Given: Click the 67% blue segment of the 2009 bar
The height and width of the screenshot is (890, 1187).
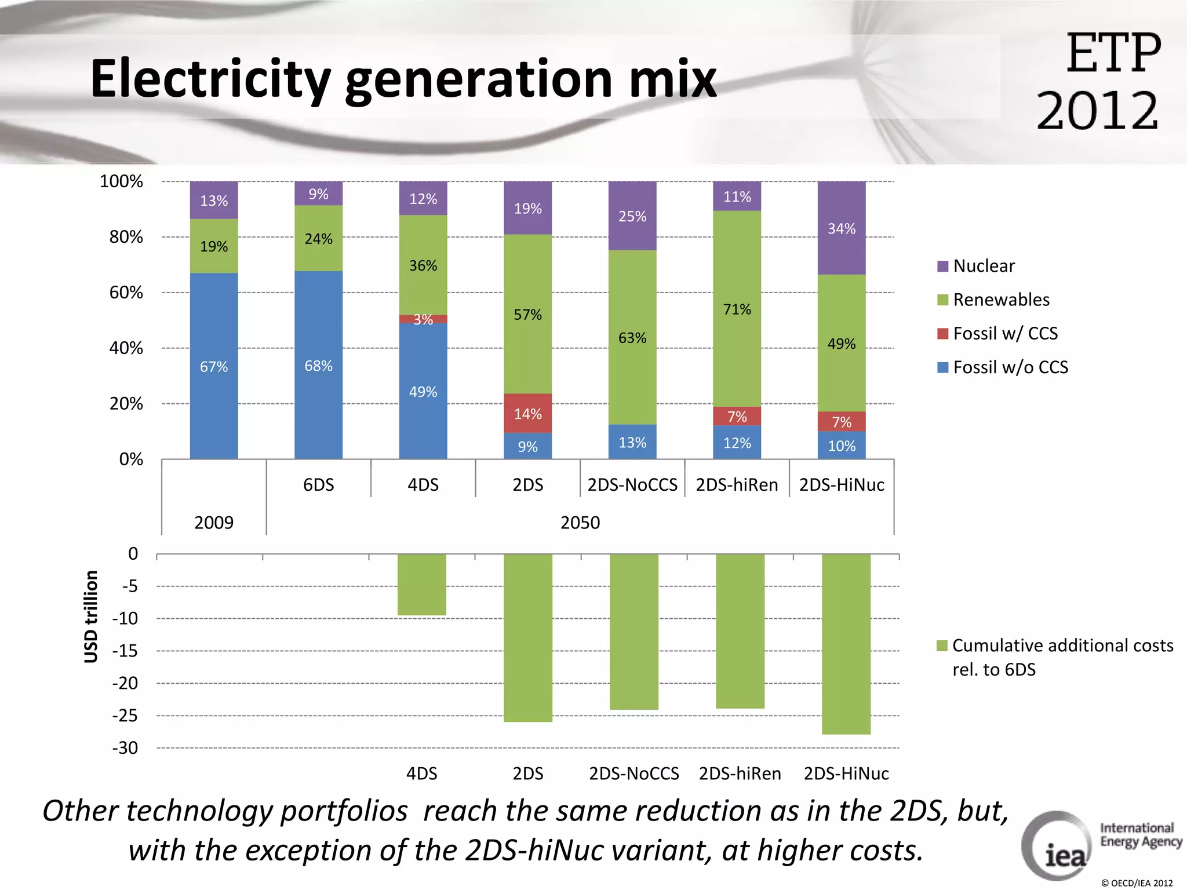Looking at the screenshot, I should click(x=214, y=366).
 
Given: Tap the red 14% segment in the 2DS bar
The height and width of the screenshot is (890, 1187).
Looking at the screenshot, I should click(x=527, y=414).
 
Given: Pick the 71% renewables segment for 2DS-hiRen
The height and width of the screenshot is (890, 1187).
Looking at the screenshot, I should click(x=737, y=309).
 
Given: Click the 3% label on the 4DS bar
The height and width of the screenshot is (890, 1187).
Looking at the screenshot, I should click(x=423, y=319).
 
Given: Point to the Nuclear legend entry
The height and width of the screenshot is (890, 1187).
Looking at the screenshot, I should click(x=984, y=266).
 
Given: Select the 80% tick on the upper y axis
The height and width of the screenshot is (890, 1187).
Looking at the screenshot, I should click(x=126, y=237).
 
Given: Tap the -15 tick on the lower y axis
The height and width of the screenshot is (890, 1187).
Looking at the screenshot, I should click(x=125, y=651).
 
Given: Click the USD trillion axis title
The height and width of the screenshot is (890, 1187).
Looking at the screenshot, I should click(x=91, y=617).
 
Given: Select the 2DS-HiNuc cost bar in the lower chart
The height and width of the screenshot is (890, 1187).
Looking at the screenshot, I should click(x=846, y=643).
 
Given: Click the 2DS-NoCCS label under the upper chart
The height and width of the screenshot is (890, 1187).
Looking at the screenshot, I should click(x=632, y=484).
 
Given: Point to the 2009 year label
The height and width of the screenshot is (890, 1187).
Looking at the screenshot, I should click(x=214, y=523).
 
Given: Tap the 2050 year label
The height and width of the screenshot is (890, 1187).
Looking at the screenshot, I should click(x=580, y=523).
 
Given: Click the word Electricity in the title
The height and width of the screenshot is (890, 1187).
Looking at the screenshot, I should click(x=210, y=79).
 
